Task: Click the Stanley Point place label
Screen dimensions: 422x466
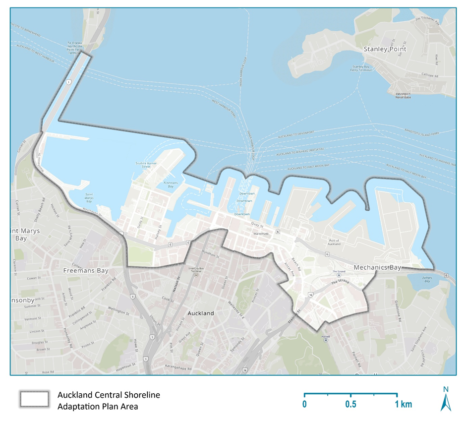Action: (x=385, y=49)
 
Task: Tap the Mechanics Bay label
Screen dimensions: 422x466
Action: (x=377, y=268)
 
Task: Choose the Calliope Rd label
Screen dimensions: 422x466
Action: (x=430, y=76)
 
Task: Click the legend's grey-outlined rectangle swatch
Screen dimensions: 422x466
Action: (x=34, y=398)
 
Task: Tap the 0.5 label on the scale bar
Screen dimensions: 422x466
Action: (x=350, y=404)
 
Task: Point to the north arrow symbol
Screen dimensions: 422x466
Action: (x=445, y=399)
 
